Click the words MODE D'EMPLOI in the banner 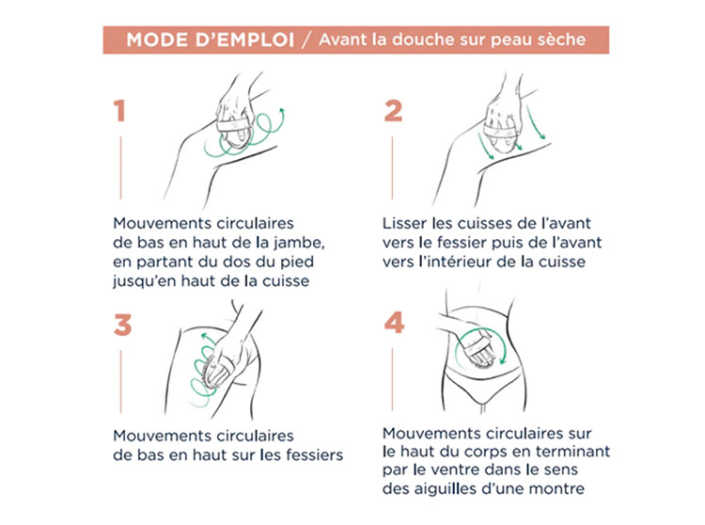[x=210, y=40]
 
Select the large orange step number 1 [x=119, y=111]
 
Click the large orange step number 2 [x=394, y=111]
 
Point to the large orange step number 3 [x=122, y=326]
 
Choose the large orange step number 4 [x=394, y=323]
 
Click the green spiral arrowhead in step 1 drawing [x=282, y=110]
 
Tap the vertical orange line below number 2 [x=392, y=167]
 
